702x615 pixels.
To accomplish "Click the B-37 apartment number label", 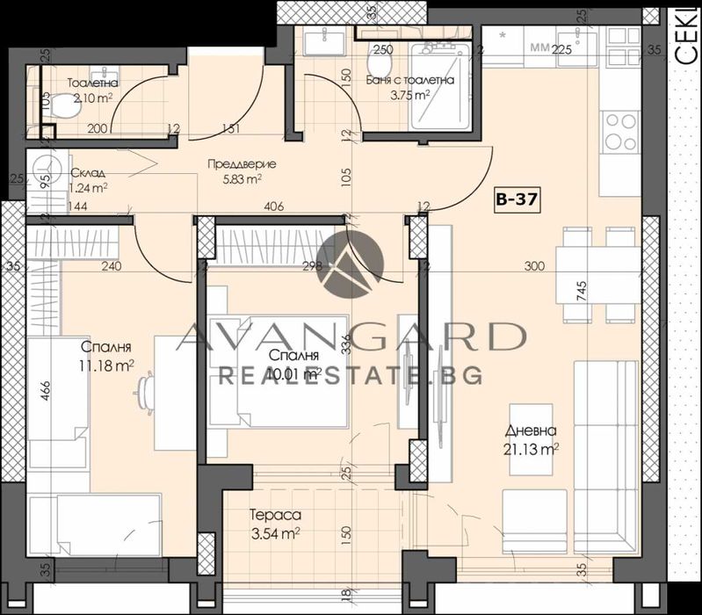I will coord(516,199).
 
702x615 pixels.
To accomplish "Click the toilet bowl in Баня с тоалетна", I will coord(380,67).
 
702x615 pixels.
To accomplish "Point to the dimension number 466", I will coord(45,388).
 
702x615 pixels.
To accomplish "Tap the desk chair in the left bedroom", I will coord(148,386).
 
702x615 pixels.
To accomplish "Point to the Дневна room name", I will coord(530,431).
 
